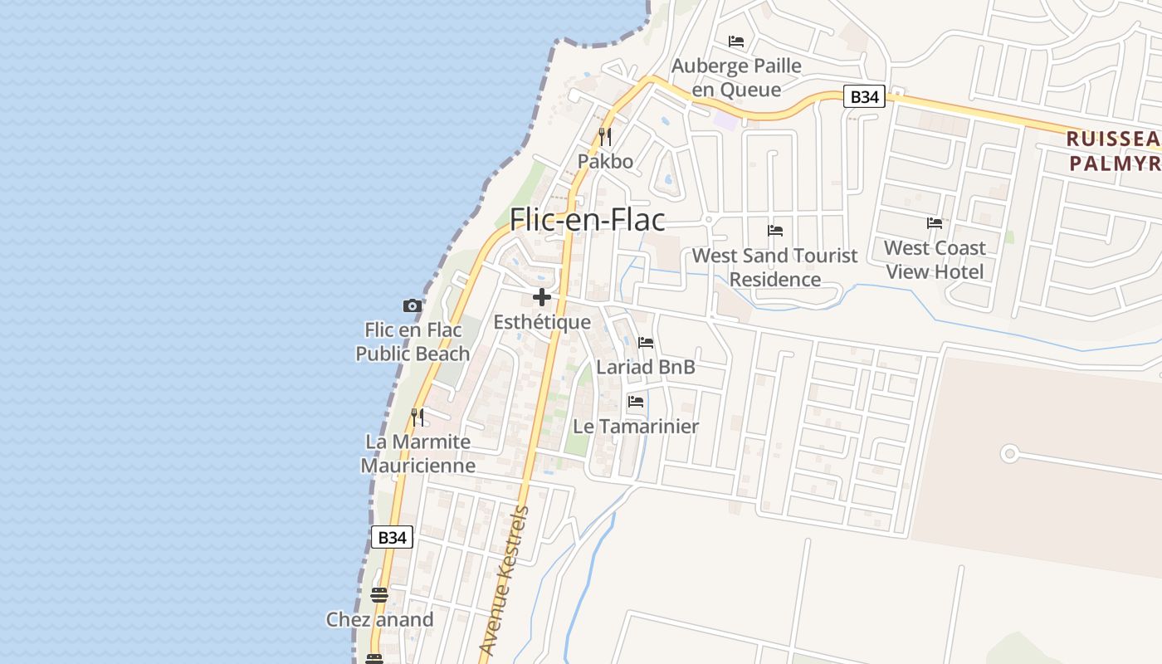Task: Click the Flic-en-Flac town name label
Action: (587, 220)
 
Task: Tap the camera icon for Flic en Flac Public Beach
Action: (413, 305)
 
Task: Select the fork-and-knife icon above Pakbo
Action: (605, 136)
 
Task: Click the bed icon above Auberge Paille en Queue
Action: (736, 41)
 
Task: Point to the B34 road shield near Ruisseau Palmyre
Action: (864, 96)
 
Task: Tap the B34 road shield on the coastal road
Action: (391, 537)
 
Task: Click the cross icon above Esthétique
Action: (542, 297)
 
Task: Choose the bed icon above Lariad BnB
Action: (646, 342)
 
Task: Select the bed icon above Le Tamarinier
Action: (636, 402)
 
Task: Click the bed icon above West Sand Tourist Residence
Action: (775, 231)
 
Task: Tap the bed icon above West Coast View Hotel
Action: (935, 222)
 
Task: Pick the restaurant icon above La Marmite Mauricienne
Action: (417, 417)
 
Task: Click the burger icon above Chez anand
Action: (379, 594)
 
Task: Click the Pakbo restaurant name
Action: (605, 161)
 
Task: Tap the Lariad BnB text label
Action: (646, 367)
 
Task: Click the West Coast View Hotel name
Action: (935, 260)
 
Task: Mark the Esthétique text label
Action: (542, 322)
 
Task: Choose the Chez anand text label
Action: (379, 619)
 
